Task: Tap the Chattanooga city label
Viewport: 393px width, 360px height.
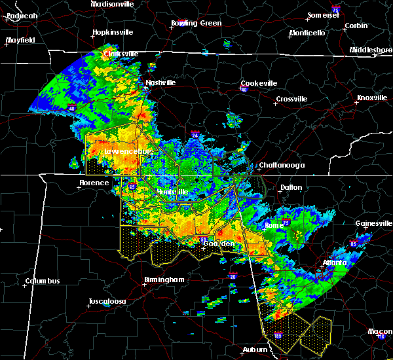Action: tap(282, 166)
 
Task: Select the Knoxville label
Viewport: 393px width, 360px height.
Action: tap(371, 98)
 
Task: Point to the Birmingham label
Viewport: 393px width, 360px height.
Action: tap(164, 279)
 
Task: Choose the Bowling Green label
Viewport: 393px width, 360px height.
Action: tap(196, 23)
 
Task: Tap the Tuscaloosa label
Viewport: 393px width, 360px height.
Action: tap(107, 302)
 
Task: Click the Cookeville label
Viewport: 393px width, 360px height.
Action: tap(259, 83)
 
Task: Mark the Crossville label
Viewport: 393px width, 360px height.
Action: tap(291, 99)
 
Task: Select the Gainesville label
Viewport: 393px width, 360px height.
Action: tap(373, 223)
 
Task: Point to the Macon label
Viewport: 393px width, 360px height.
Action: tap(381, 331)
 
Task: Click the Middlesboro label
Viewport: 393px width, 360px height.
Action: tap(371, 50)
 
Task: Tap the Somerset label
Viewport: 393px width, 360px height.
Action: tap(324, 15)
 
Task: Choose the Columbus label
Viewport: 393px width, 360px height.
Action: tap(43, 281)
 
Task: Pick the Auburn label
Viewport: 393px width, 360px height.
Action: tap(257, 350)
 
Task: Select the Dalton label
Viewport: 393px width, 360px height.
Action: tap(291, 187)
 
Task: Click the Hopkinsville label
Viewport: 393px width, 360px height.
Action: tap(113, 32)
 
